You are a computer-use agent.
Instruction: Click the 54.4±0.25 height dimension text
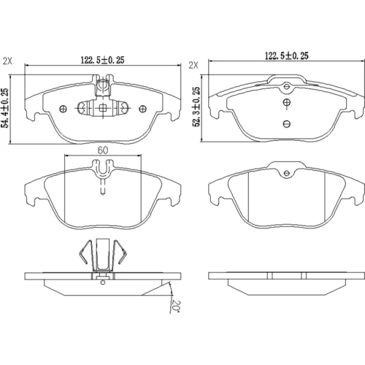tap(5, 108)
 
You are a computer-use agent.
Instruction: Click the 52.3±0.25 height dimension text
tap(196, 107)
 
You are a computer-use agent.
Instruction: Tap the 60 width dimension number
tap(103, 150)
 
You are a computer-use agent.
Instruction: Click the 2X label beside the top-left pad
tap(7, 61)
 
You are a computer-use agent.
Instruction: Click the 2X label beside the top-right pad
tap(193, 65)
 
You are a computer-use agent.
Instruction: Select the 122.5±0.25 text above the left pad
tap(102, 60)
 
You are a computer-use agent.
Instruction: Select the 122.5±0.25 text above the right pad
tap(286, 55)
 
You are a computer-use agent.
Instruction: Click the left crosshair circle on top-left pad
tap(63, 109)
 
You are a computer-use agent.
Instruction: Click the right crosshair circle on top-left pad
tap(142, 109)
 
